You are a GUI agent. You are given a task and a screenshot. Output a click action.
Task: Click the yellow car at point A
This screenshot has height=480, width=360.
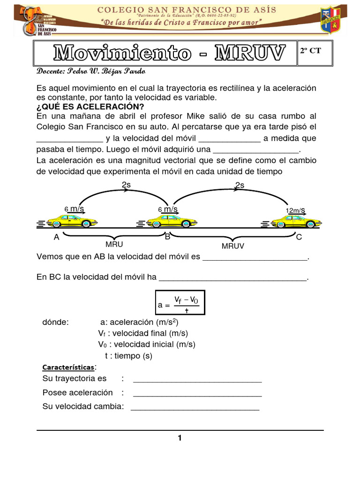(x=72, y=220)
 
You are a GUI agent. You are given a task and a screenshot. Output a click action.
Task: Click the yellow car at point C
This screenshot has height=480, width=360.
(x=296, y=220)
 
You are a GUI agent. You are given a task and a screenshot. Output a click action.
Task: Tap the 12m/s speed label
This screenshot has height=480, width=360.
(x=295, y=210)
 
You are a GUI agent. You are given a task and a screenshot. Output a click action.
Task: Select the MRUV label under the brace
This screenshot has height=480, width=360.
(x=233, y=245)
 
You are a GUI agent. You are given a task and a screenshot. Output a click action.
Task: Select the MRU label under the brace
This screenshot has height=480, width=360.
(x=114, y=244)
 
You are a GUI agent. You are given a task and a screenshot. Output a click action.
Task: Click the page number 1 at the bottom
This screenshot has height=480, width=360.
(x=180, y=438)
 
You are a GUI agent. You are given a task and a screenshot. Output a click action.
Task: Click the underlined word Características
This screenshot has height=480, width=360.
(x=68, y=367)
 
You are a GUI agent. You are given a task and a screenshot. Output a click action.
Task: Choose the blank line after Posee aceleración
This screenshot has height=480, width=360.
(x=197, y=393)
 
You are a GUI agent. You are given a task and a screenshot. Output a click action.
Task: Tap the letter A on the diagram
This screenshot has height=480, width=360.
(x=57, y=237)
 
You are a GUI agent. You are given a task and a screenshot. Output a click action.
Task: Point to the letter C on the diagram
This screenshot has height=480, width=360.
(x=299, y=237)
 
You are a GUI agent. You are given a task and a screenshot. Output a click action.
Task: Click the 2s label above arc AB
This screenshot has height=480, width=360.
(x=126, y=185)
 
